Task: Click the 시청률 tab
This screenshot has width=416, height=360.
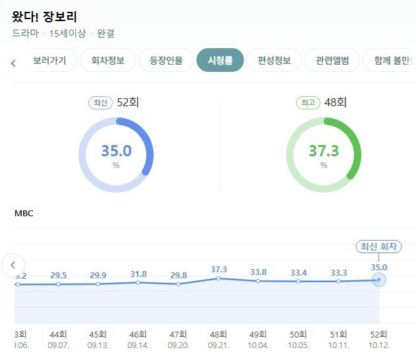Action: [x=220, y=61]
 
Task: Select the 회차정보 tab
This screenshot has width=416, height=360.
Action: [x=107, y=61]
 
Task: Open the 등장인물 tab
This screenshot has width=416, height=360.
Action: [x=165, y=61]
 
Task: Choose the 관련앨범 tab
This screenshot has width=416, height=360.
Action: [x=332, y=61]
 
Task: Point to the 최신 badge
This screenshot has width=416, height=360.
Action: [x=101, y=103]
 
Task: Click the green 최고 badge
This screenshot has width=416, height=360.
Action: [x=309, y=103]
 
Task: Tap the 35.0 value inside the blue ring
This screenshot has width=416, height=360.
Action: [x=116, y=151]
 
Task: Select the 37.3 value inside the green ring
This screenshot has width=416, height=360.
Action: [x=324, y=151]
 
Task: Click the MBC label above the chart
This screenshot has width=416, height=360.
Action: [x=24, y=213]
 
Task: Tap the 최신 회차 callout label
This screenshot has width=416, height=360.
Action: [x=378, y=247]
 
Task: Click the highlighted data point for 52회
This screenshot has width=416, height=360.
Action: [x=379, y=280]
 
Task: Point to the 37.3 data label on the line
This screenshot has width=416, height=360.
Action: [x=218, y=270]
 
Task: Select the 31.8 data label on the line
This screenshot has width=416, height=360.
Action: [x=138, y=274]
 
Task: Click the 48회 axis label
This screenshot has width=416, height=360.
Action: [x=218, y=334]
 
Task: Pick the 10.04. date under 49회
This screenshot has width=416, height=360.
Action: [x=258, y=345]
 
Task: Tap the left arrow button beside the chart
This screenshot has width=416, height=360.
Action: [x=13, y=265]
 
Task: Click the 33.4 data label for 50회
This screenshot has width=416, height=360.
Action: [x=299, y=273]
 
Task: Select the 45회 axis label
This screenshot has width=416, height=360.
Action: [x=98, y=334]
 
